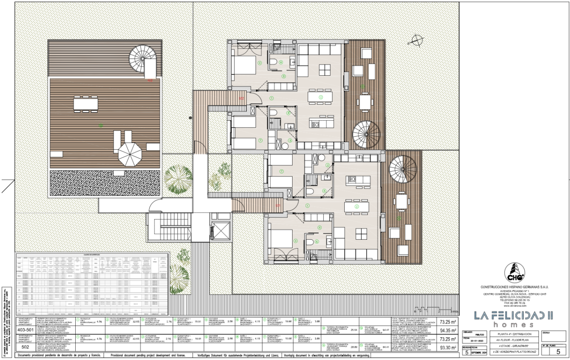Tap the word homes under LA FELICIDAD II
(x=513, y=325)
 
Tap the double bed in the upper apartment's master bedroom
(x=243, y=67)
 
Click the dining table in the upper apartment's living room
(x=321, y=97)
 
